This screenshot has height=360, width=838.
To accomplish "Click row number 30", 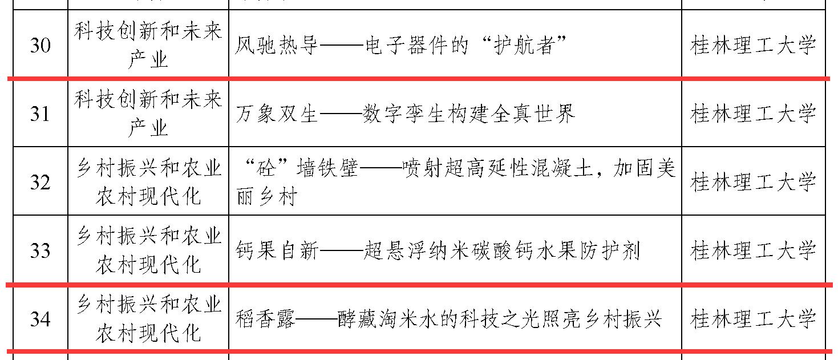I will coord(40,46).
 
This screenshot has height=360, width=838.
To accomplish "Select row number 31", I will coord(40,114).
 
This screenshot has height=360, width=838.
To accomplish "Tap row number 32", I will coord(40,183).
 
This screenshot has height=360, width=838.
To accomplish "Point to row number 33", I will coord(40,250).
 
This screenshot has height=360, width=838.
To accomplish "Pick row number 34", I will coord(40,319).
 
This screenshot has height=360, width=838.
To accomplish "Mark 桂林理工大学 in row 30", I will coord(753,46).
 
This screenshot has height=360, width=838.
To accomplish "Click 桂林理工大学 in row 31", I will coord(753,114).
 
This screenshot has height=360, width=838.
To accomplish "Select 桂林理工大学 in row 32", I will coord(753,183).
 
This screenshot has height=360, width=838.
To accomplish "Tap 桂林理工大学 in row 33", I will coord(753,250).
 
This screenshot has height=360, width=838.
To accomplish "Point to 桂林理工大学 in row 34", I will coord(753,319).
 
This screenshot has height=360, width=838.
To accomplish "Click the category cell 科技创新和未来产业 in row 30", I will coord(148,46).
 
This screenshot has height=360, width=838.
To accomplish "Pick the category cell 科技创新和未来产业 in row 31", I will coord(148,114).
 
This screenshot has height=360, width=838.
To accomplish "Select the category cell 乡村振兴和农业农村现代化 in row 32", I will coord(148,183).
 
